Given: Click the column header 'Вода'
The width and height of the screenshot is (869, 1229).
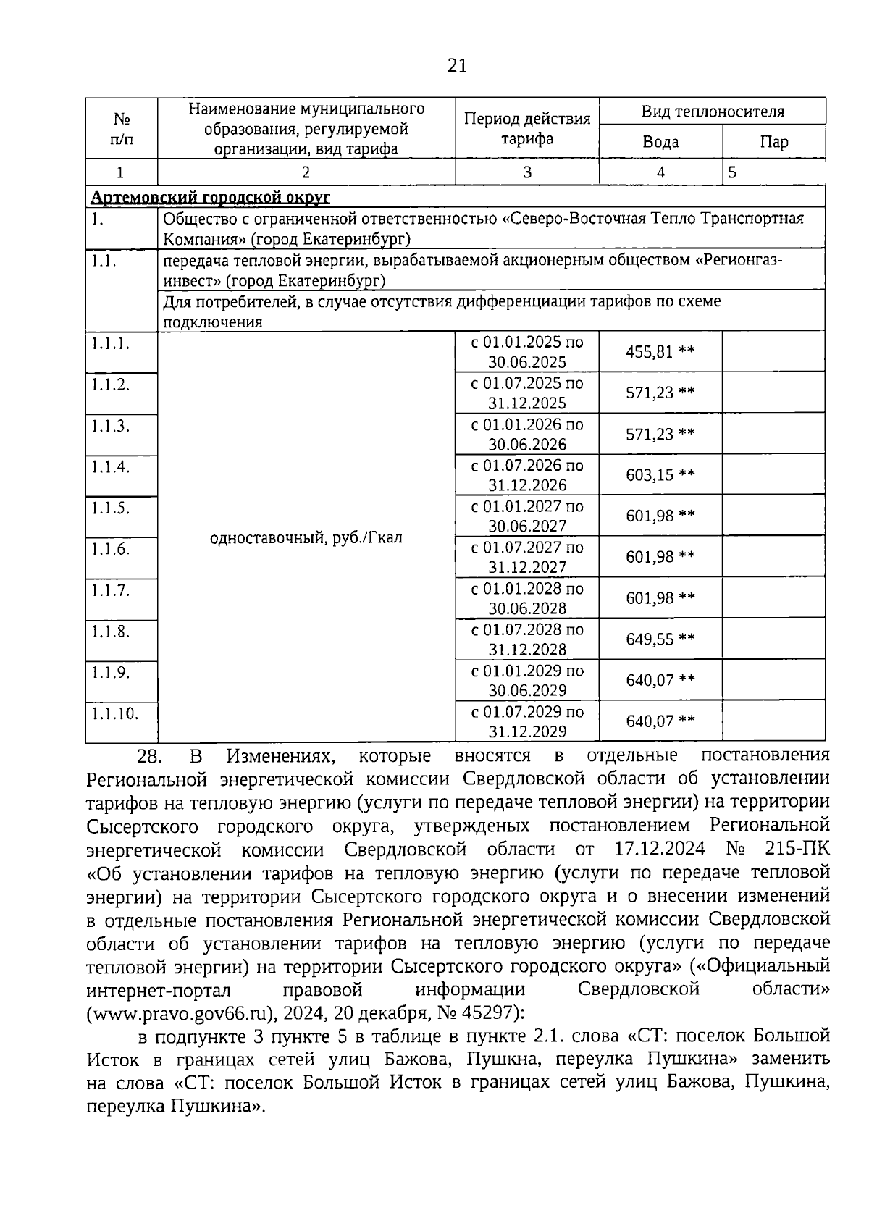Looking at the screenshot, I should coord(660,142).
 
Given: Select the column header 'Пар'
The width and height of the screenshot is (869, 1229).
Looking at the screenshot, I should coord(773,142).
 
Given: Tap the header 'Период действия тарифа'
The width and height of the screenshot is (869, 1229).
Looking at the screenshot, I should coord(527,128).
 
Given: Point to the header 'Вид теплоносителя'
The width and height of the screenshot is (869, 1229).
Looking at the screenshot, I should coord(713,112).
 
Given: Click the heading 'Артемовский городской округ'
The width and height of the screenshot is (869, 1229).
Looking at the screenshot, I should coord(211,197).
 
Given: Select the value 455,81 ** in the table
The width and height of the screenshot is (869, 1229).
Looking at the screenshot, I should coord(660,352).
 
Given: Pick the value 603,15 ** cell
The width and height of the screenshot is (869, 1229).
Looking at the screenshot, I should coord(660,475).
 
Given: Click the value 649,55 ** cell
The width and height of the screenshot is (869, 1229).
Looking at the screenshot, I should coord(660,639).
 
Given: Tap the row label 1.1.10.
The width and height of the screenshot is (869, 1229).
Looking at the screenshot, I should coord(114,713).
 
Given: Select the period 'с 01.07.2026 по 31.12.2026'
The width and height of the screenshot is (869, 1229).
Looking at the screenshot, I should coord(527,475).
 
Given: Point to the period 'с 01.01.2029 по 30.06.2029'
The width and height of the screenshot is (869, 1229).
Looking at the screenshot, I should coord(527,681).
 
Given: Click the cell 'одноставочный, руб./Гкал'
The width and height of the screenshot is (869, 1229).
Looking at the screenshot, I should coord(306,538).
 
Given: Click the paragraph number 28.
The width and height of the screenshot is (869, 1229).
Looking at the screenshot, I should coord(148,757).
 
